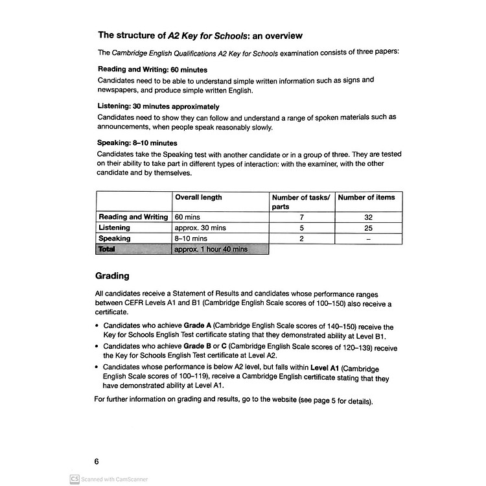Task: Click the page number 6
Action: [97, 461]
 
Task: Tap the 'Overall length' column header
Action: [198, 198]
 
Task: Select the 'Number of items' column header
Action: [366, 198]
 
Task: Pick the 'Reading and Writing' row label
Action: [133, 217]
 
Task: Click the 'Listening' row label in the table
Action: [114, 228]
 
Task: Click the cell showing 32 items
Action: [367, 217]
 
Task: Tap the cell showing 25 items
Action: [367, 228]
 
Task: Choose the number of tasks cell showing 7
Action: [301, 217]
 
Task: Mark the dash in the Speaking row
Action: [367, 238]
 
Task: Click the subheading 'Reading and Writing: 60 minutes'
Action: [152, 69]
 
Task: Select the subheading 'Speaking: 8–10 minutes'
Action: [137, 143]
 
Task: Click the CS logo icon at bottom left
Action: [75, 479]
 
